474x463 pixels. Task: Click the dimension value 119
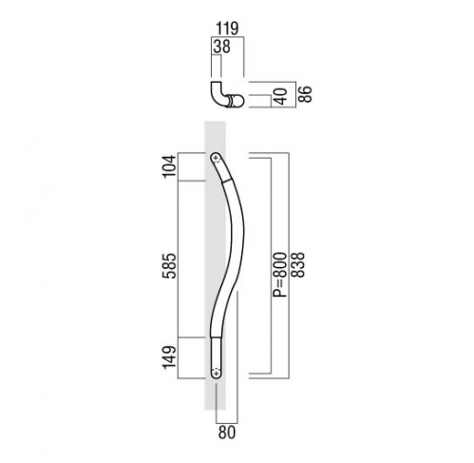(x=227, y=29)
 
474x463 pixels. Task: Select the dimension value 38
(x=221, y=47)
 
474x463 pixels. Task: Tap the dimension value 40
(x=280, y=96)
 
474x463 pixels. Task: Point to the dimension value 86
(x=305, y=93)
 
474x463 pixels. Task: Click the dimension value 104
(x=169, y=166)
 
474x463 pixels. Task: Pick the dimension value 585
(x=169, y=265)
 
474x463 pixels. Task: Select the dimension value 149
(x=169, y=357)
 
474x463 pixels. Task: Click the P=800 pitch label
(x=280, y=275)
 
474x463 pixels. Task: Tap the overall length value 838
(x=297, y=265)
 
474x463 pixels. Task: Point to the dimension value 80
(x=227, y=433)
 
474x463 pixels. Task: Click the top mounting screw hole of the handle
(x=217, y=158)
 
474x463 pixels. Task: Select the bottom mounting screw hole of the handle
(x=217, y=372)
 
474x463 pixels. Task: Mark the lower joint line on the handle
(x=217, y=337)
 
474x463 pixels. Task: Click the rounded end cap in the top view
(x=238, y=101)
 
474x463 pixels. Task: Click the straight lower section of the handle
(x=217, y=357)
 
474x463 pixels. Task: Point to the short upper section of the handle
(x=223, y=167)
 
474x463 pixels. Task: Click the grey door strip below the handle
(x=215, y=394)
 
